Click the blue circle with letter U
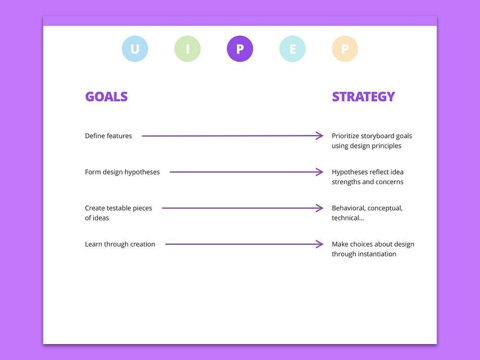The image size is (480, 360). pos(135,49)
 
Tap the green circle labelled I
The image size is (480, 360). pos(187,49)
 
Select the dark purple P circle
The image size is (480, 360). pos(240,49)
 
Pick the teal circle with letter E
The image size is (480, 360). pos(292,49)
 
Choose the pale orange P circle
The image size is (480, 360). pos(345,49)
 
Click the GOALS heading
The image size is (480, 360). pos(106,96)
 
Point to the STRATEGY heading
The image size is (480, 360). pos(363,96)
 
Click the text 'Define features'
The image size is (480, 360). pos(108,136)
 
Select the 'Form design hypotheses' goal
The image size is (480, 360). pos(122,172)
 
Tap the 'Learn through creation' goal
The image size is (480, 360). pos(120,244)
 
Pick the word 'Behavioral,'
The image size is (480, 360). pos(348,208)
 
